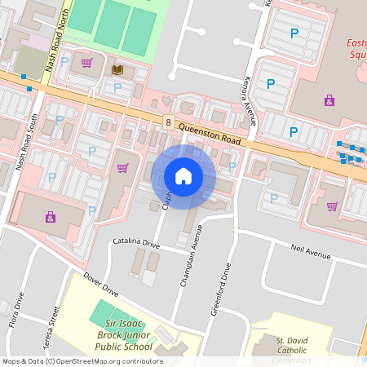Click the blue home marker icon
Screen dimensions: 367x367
coord(183,176)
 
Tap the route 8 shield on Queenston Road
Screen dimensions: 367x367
coord(168,122)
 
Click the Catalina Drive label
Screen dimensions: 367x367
coord(136,243)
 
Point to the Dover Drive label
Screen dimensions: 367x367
coord(100,285)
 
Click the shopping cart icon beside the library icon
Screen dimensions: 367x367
coord(86,63)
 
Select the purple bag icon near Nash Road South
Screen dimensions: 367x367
coord(51,217)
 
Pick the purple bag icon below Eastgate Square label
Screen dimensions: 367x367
coord(329,100)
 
